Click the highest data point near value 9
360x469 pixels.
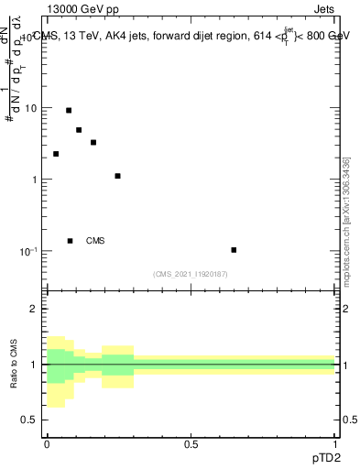coord(69,110)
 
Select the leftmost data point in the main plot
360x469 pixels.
coord(56,154)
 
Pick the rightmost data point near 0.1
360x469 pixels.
coord(234,249)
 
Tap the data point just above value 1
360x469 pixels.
coord(118,176)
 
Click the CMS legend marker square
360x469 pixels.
coord(70,241)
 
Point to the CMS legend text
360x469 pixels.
coord(95,241)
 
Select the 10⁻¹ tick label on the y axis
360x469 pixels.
coord(30,250)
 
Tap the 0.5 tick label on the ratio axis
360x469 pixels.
coord(33,420)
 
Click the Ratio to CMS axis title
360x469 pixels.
coord(15,365)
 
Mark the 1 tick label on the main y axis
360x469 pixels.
coord(36,180)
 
